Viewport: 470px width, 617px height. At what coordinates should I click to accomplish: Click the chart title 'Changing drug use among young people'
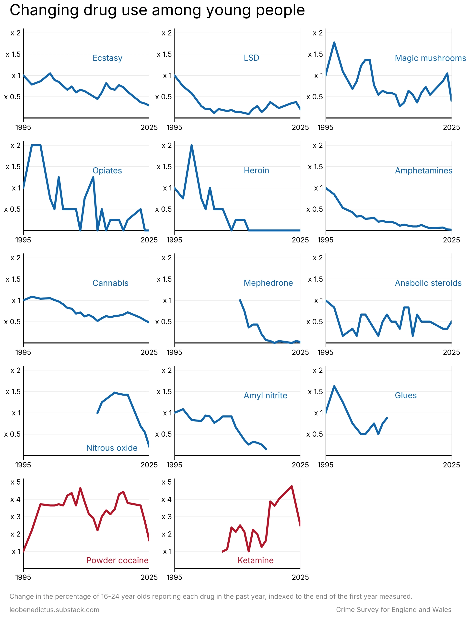click(157, 10)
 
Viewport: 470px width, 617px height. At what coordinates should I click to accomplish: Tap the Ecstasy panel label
click(107, 58)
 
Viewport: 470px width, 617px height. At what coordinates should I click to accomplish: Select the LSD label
click(251, 58)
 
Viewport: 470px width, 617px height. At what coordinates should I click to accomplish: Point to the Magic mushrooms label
click(430, 58)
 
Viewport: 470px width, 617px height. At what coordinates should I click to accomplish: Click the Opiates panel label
click(107, 171)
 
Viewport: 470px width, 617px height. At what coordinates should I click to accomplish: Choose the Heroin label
click(256, 171)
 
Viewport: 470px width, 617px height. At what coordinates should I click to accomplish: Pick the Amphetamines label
click(423, 171)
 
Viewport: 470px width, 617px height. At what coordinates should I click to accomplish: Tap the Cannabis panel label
click(110, 283)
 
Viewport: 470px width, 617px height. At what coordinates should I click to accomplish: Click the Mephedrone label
click(268, 283)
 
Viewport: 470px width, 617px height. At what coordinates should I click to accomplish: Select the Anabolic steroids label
click(428, 283)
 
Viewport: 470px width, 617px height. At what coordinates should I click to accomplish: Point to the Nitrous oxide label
click(112, 448)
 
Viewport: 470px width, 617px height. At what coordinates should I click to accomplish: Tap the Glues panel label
click(406, 395)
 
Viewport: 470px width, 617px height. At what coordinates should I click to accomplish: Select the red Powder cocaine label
click(117, 560)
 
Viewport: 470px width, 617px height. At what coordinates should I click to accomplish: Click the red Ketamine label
click(255, 560)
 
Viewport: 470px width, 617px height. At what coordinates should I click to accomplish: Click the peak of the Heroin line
click(192, 145)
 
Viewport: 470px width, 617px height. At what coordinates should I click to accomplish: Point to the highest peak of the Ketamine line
click(292, 486)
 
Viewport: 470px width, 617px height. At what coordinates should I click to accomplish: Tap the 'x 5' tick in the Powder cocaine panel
click(16, 482)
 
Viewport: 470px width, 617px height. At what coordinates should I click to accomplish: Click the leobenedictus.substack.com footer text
click(55, 610)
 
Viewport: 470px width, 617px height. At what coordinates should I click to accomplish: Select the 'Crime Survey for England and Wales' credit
click(394, 610)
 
